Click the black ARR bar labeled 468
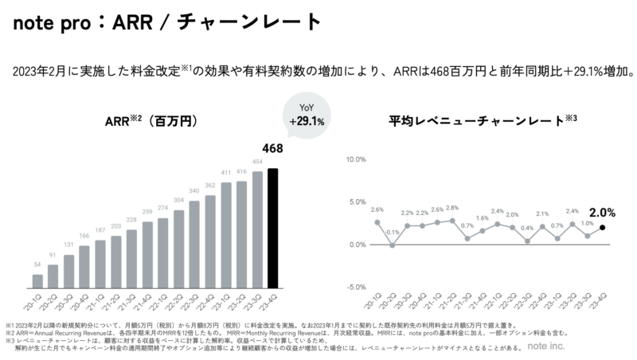tap(273, 227)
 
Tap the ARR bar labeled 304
tap(179, 248)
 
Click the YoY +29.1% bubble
tap(307, 116)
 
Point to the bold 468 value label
tap(272, 148)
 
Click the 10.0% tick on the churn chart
tap(354, 159)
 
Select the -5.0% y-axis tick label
tap(354, 287)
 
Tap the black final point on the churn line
tap(603, 228)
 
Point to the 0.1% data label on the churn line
tap(392, 232)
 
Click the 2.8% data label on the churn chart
tap(452, 208)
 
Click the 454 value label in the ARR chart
tap(257, 162)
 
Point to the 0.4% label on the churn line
tap(526, 229)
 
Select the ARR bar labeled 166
tap(84, 264)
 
